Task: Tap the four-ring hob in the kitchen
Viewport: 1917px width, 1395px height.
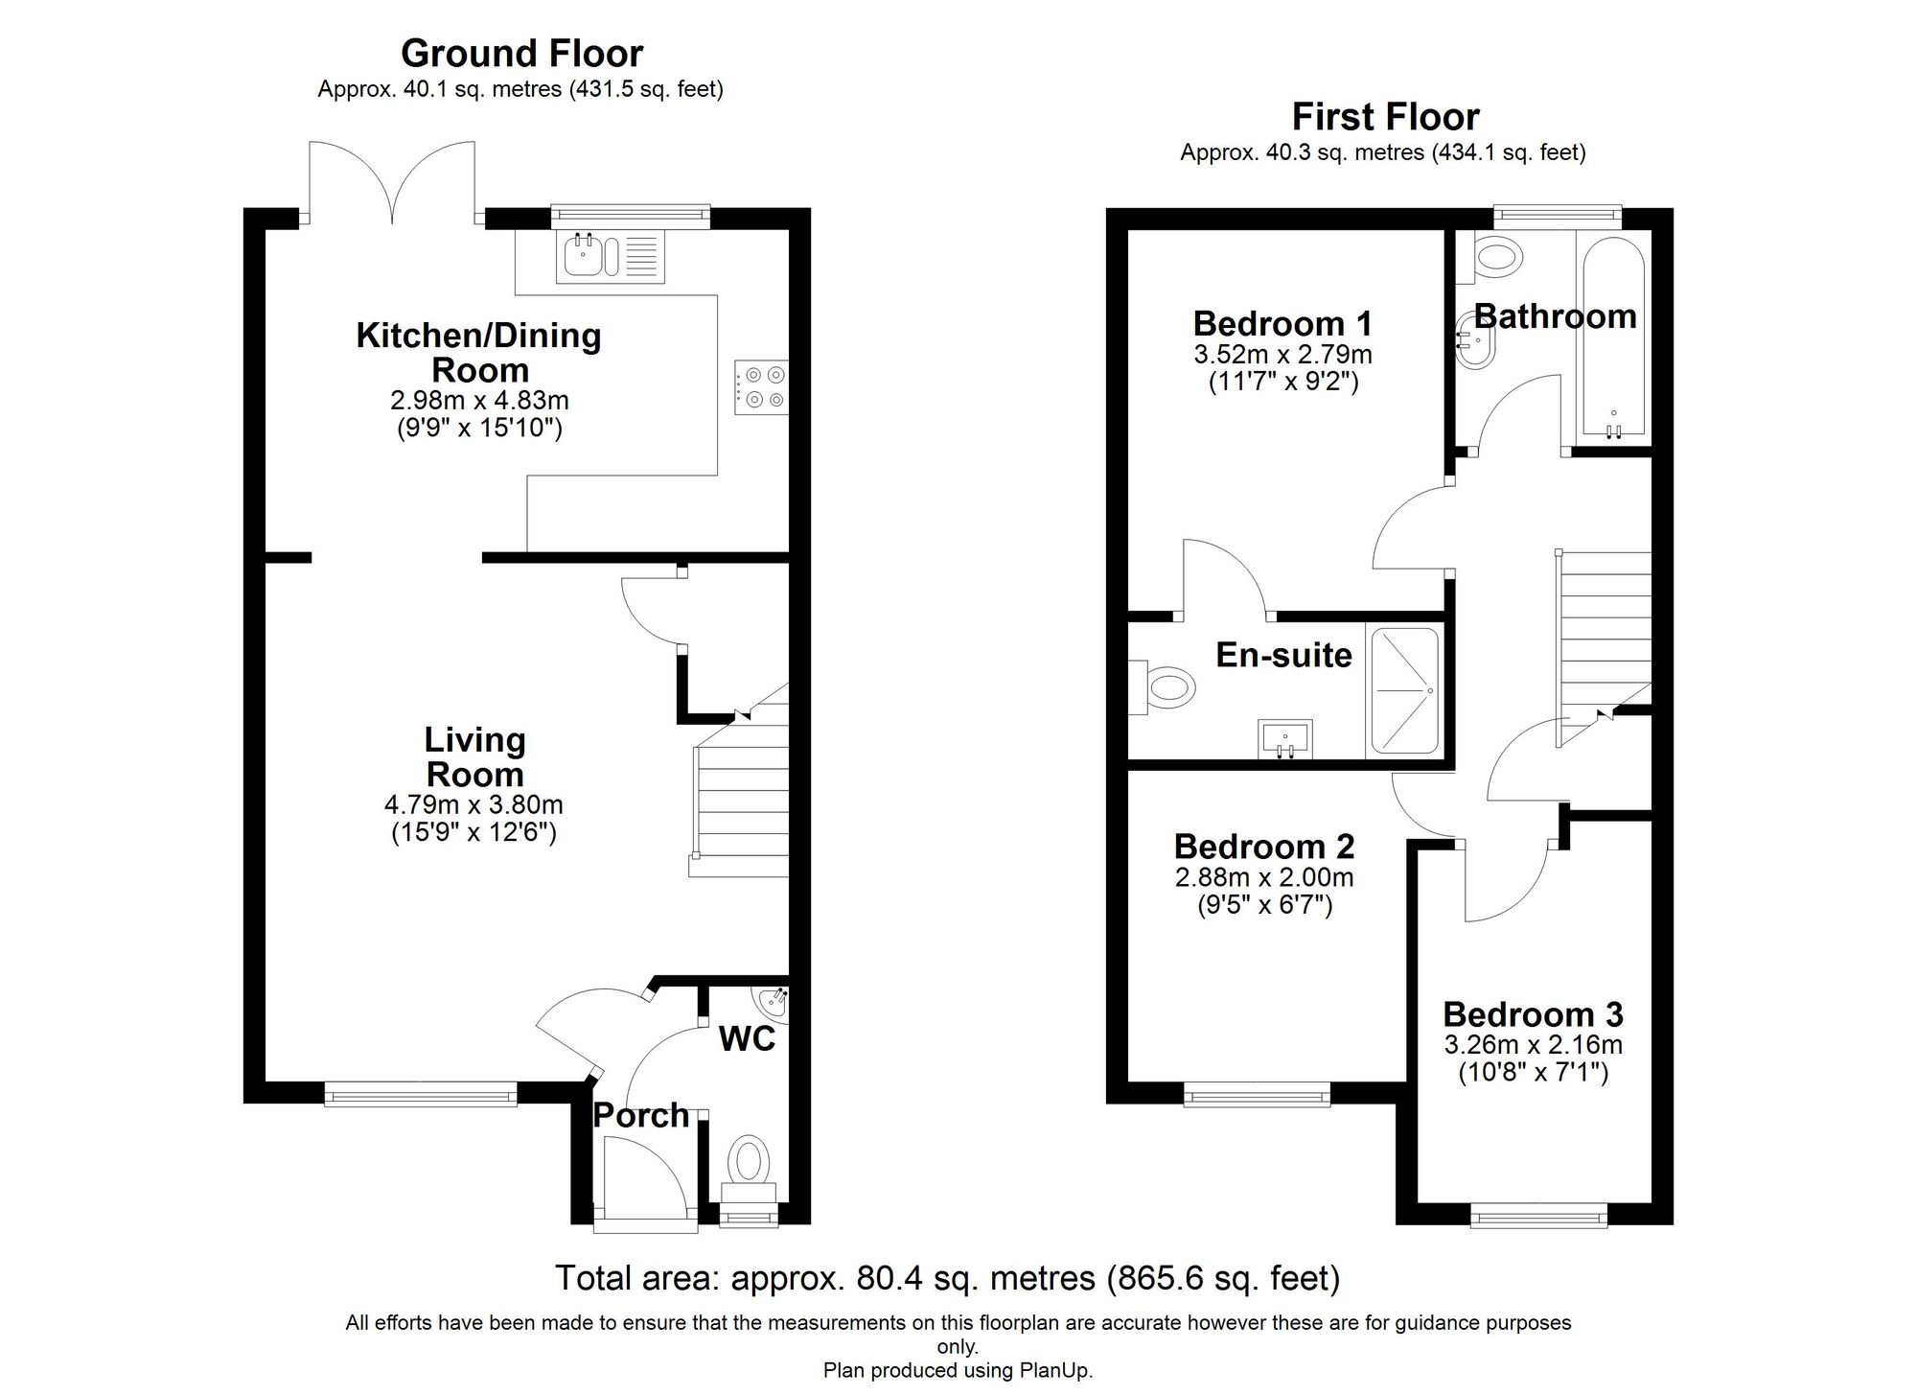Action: coord(761,387)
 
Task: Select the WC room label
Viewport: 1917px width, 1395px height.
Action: coord(747,1038)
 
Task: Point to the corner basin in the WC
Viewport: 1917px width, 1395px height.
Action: coord(774,1003)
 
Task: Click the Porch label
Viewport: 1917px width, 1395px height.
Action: coord(641,1115)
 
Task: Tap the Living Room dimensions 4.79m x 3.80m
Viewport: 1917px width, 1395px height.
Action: coord(473,804)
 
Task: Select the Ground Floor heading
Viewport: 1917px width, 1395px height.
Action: coord(521,53)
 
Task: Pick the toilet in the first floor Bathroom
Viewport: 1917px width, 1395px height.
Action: coord(1495,257)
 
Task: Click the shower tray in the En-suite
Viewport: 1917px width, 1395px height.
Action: coord(1404,690)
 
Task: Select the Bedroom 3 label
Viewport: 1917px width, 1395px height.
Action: coord(1533,1014)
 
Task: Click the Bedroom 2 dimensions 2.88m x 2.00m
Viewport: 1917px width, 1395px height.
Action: coord(1264,876)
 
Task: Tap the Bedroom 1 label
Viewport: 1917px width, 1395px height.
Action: coord(1282,323)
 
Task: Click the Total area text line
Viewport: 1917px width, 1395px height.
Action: coord(947,1278)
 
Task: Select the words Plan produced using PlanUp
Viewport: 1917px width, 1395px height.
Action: coord(958,1370)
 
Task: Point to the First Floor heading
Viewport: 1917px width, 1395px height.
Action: coord(1385,117)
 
